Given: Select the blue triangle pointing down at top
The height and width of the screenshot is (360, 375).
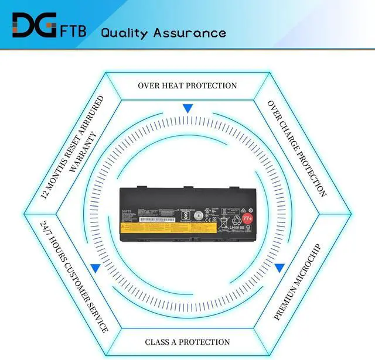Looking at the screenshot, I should [187, 108].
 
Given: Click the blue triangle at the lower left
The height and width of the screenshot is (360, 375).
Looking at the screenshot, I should [95, 268].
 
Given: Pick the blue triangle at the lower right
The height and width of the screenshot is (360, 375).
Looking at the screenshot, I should [279, 268].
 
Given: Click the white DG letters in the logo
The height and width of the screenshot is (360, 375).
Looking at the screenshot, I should [30, 26].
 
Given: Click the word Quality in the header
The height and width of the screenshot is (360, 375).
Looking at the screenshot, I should [124, 32].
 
